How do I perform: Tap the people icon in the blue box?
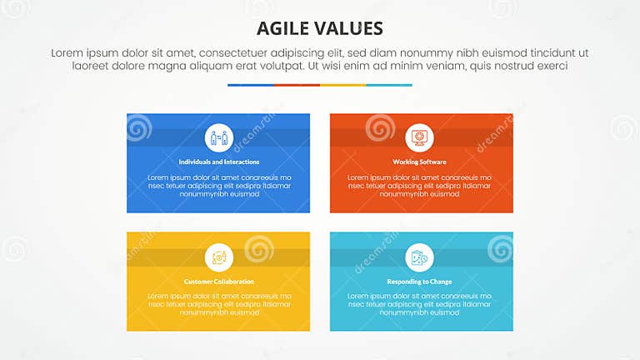tap(218, 137)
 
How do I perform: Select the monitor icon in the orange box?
tap(419, 137)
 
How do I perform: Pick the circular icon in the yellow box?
tap(218, 257)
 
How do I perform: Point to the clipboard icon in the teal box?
tap(419, 257)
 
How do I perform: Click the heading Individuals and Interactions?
tap(218, 162)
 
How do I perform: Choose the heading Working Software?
tap(419, 162)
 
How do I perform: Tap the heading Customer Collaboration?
tap(218, 282)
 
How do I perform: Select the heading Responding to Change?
tap(419, 282)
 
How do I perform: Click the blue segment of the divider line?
tap(250, 85)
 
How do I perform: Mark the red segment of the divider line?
tap(297, 85)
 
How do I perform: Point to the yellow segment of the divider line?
tap(342, 85)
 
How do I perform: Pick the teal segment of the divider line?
tap(389, 85)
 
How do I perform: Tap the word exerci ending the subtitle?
tap(551, 66)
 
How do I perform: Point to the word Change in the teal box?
tap(439, 282)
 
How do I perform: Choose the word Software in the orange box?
tap(432, 162)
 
